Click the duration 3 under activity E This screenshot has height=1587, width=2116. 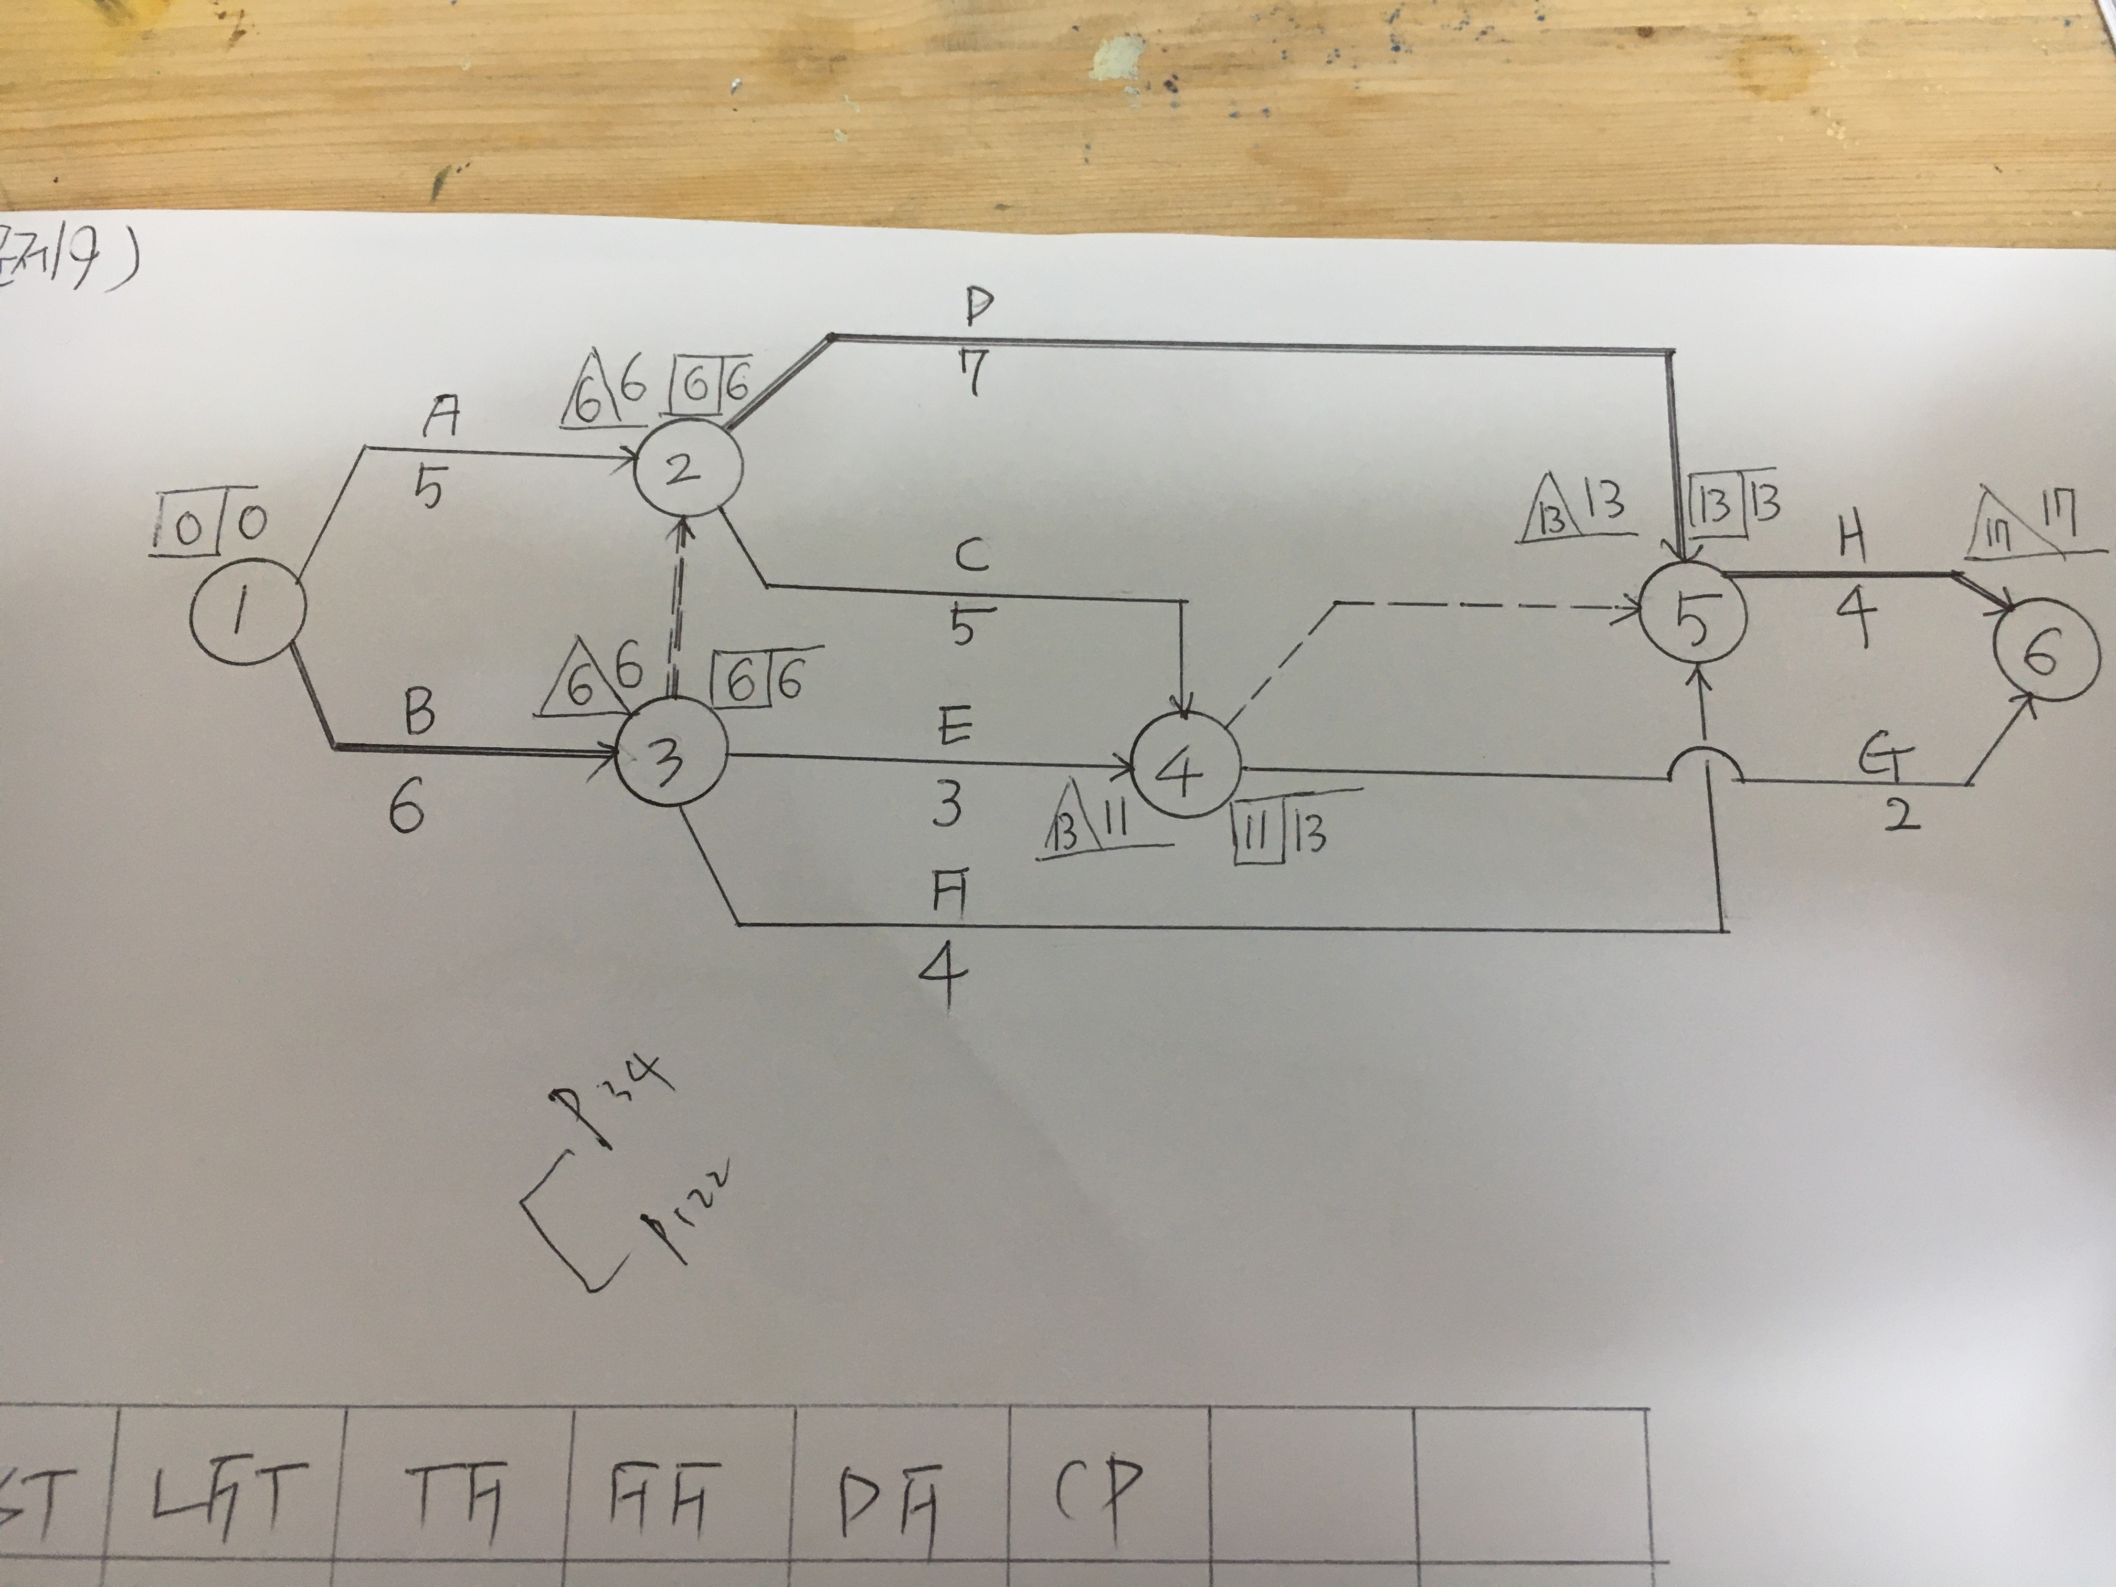click(947, 805)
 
